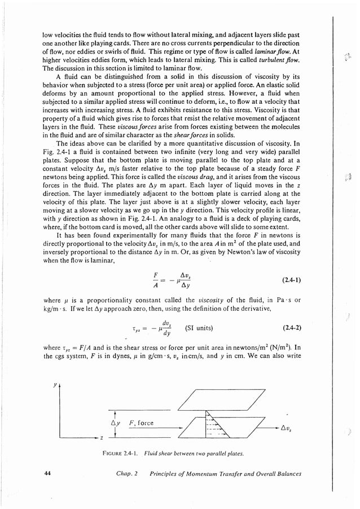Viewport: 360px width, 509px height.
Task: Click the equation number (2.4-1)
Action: (291, 279)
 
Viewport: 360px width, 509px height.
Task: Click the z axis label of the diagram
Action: (100, 438)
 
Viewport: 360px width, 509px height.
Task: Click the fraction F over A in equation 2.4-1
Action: (156, 279)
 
